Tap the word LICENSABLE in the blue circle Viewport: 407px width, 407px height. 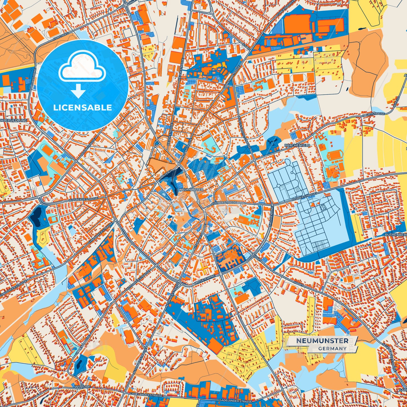click(83, 108)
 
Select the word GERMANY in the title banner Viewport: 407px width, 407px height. click(332, 348)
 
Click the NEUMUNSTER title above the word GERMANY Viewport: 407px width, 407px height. click(322, 341)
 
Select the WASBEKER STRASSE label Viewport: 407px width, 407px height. click(83, 199)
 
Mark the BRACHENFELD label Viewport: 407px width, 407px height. click(297, 145)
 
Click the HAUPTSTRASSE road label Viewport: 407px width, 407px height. click(373, 114)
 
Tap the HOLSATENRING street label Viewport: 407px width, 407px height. click(205, 279)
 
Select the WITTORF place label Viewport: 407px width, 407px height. click(83, 387)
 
